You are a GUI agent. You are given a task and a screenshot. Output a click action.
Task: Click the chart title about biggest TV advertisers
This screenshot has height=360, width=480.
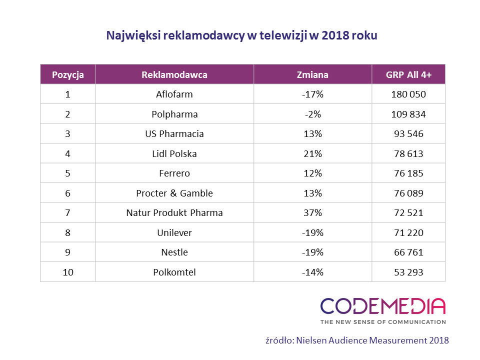point(242,35)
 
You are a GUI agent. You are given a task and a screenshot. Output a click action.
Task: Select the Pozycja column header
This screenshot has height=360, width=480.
point(67,75)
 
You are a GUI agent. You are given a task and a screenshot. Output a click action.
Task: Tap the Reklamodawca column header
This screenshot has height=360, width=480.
point(174,75)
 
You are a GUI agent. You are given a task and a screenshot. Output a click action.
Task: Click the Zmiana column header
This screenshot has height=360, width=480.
point(312,75)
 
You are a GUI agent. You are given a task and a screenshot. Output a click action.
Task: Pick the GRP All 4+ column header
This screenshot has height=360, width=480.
point(408,75)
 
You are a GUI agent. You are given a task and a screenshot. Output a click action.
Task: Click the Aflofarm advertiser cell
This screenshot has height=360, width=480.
point(174,94)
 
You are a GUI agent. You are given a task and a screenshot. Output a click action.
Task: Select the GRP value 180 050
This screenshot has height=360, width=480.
point(408,94)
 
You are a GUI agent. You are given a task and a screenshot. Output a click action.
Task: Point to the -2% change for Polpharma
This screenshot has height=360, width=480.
point(312,114)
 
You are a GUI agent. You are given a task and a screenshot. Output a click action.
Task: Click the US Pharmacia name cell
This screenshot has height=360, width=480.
point(174,134)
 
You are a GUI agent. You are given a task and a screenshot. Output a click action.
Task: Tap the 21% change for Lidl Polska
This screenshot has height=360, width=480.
point(312,153)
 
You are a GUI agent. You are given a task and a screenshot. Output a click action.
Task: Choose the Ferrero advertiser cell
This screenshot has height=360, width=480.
point(174,173)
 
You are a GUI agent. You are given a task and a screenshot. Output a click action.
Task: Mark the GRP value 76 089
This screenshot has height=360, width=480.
point(408,193)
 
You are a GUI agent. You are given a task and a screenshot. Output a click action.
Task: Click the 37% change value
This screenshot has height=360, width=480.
point(312,213)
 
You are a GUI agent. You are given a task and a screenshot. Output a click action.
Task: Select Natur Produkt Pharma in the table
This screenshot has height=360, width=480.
point(174,213)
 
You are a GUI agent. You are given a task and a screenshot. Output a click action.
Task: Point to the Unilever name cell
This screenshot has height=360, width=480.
point(174,232)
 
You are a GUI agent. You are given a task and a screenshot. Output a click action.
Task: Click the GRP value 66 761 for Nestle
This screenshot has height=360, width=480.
point(408,252)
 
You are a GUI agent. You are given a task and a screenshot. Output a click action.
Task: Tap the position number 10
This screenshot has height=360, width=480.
point(67,272)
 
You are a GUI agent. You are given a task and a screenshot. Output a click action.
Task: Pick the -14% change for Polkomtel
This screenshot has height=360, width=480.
point(312,272)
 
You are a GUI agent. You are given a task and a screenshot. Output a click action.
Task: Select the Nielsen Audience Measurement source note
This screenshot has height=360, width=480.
point(357,340)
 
